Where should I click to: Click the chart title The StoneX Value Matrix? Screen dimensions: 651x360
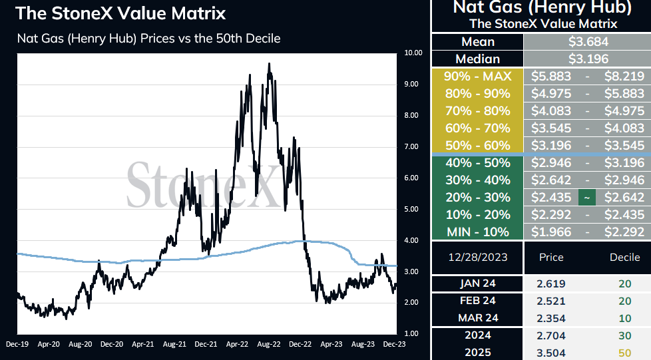click(x=120, y=13)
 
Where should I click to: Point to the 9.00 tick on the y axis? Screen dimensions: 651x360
click(x=411, y=85)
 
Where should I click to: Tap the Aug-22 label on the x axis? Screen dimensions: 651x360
click(x=269, y=344)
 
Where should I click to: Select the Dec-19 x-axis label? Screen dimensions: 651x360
click(x=17, y=344)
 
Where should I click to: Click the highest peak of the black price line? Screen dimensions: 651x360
click(x=269, y=63)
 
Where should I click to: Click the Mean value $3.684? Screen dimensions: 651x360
click(x=588, y=42)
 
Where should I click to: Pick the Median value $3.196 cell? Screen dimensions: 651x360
click(x=588, y=59)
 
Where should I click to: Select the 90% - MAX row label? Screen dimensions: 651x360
click(x=477, y=77)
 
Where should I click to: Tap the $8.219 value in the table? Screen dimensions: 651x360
click(x=624, y=77)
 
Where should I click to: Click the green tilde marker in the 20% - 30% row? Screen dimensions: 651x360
click(x=587, y=198)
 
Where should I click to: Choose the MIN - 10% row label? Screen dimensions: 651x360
click(x=477, y=232)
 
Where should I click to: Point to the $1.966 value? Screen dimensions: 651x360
click(x=551, y=232)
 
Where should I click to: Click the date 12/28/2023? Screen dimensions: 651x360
click(x=478, y=258)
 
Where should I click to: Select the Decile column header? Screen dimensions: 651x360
click(x=624, y=258)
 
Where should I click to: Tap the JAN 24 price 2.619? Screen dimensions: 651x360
click(x=551, y=283)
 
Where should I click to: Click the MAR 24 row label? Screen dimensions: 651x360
click(x=478, y=318)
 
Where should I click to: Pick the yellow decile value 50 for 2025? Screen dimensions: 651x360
click(x=625, y=353)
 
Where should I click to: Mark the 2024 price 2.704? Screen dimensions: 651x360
click(x=551, y=335)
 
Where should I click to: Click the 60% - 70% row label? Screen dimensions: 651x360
click(x=477, y=128)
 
